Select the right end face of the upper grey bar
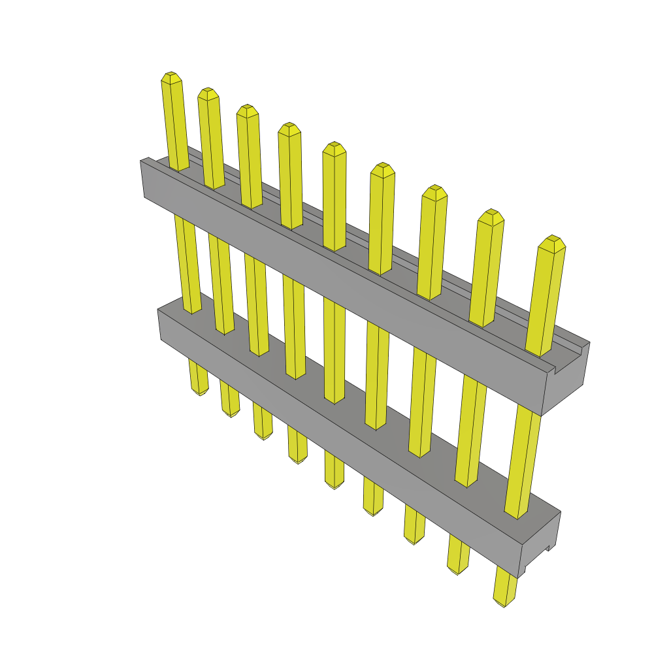(565, 379)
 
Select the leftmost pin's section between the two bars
(187, 261)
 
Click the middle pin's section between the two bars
(334, 346)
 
